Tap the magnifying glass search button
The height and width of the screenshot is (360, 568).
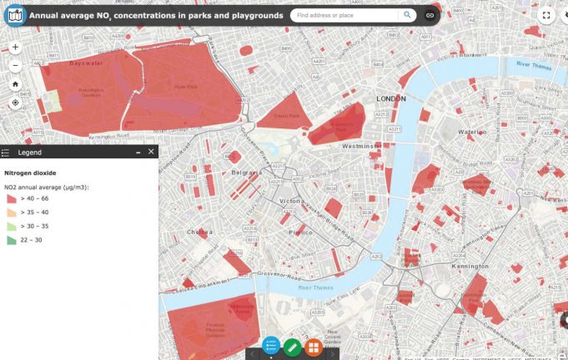(407, 15)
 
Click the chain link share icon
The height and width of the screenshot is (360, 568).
(430, 15)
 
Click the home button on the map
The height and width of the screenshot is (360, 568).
(15, 84)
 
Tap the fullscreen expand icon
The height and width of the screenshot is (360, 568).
(547, 15)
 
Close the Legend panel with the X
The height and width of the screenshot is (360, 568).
(151, 152)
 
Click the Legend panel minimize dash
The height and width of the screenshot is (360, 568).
(138, 152)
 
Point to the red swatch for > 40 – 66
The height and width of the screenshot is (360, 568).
(11, 200)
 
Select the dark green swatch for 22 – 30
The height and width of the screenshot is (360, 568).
(11, 240)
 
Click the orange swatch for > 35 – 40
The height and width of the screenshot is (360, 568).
(11, 213)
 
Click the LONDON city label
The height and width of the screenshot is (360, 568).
(390, 98)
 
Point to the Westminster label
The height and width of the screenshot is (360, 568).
(361, 145)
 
